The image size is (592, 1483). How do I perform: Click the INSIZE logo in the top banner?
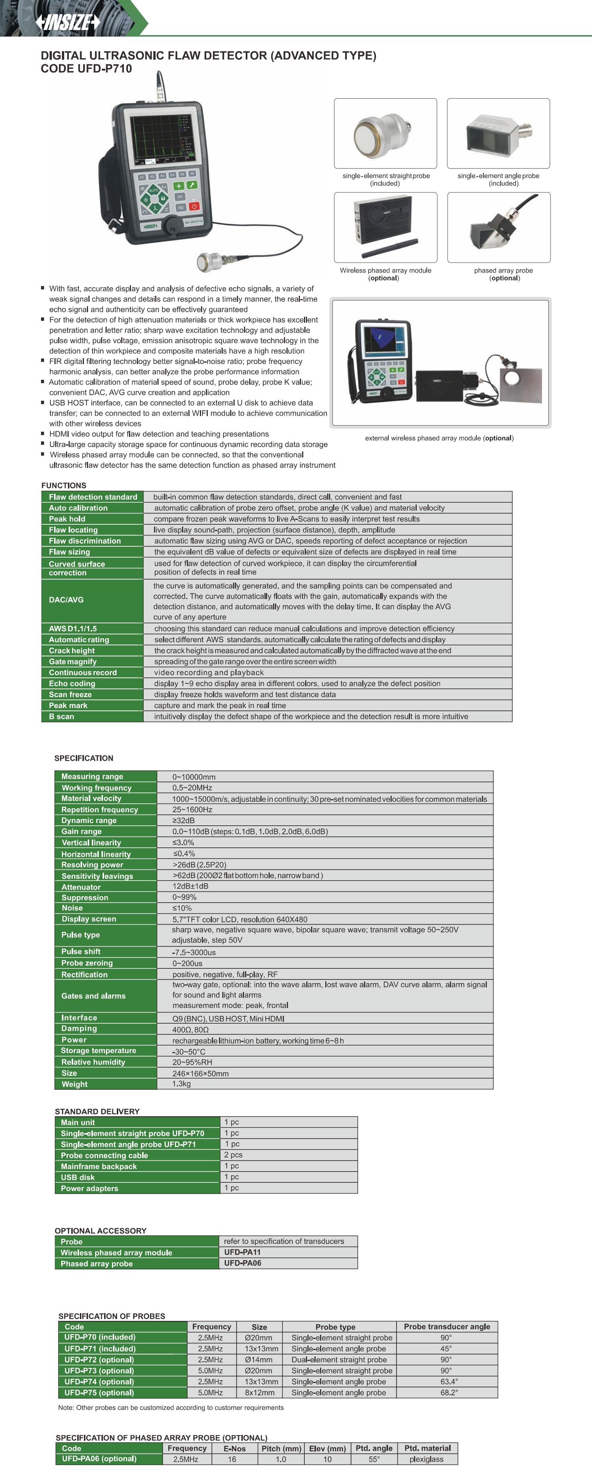tap(68, 22)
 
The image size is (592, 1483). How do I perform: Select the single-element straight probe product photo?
tap(385, 134)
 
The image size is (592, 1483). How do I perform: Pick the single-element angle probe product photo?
tap(498, 134)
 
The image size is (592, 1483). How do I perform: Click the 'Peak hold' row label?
tap(67, 519)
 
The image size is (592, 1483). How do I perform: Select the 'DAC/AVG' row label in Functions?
tap(66, 600)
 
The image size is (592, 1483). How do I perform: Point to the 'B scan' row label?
tap(62, 716)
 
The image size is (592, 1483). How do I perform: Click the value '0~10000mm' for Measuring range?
tap(194, 777)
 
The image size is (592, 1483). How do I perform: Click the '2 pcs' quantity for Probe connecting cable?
tap(233, 1155)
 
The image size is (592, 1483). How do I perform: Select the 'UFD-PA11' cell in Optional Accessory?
tap(242, 1252)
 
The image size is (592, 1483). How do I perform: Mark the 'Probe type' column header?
tap(335, 1327)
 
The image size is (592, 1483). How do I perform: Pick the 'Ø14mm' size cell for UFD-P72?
tap(258, 1360)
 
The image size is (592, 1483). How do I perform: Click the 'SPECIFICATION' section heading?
tap(84, 758)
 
